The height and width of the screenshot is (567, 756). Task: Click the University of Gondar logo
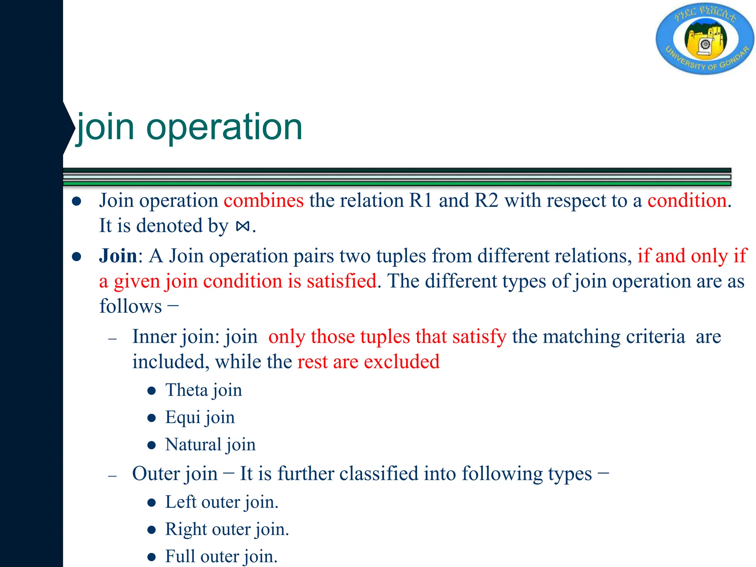pyautogui.click(x=704, y=39)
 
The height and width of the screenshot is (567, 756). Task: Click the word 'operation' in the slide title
pyautogui.click(x=224, y=127)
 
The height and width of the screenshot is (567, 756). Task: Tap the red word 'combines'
pyautogui.click(x=264, y=201)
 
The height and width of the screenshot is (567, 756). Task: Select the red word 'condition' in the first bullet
pyautogui.click(x=687, y=201)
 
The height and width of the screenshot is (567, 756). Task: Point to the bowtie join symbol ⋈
pyautogui.click(x=243, y=226)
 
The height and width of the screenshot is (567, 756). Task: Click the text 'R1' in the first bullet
pyautogui.click(x=420, y=201)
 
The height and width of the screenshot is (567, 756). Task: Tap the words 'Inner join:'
pyautogui.click(x=176, y=337)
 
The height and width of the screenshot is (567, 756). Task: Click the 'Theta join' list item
pyautogui.click(x=203, y=391)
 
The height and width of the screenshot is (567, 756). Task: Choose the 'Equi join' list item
pyautogui.click(x=200, y=417)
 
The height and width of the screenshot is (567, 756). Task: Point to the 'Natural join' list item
pyautogui.click(x=210, y=444)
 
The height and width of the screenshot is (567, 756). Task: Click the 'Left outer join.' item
pyautogui.click(x=221, y=502)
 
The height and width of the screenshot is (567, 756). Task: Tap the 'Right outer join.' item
pyautogui.click(x=227, y=529)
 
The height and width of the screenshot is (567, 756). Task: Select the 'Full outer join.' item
pyautogui.click(x=221, y=556)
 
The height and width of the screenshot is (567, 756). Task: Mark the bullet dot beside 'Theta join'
pyautogui.click(x=151, y=391)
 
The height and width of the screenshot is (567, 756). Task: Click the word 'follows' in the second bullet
pyautogui.click(x=131, y=306)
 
